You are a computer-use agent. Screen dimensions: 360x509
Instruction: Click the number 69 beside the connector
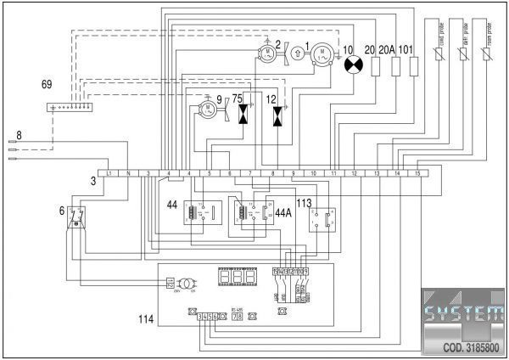(x=47, y=85)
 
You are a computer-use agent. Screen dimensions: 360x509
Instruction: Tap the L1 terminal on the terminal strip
(x=109, y=173)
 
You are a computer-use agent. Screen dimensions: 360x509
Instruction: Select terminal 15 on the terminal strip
(x=417, y=173)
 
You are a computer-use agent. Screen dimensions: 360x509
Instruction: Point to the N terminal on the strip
(x=127, y=173)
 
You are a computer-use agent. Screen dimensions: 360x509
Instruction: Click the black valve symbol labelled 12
(x=277, y=114)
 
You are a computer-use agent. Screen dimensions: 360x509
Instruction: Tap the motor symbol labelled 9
(x=207, y=109)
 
